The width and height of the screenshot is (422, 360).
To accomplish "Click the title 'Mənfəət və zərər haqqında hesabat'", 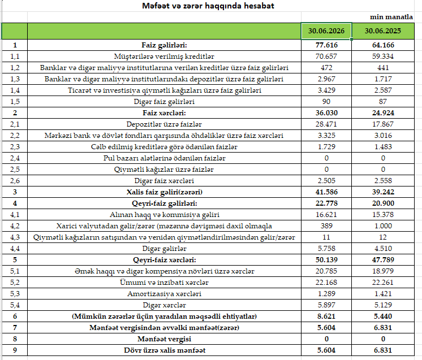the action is tap(208, 6).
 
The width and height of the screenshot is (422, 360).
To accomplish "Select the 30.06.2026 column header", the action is tap(326, 31).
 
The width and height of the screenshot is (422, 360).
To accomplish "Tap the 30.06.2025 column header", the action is tap(383, 31).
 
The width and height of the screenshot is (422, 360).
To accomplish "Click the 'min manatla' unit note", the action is tap(391, 17).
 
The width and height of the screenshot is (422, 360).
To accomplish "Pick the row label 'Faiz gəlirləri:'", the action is tap(164, 45).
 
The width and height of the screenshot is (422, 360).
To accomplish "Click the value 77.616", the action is tap(326, 45).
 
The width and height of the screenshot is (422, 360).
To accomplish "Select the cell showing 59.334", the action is tap(383, 56).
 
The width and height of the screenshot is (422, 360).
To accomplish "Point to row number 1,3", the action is tap(15, 79).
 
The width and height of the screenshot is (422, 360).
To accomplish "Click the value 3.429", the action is tap(326, 90).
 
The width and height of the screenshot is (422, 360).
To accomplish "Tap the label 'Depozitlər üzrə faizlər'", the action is tap(164, 124).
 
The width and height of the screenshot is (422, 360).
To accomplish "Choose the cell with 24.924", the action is tap(383, 112).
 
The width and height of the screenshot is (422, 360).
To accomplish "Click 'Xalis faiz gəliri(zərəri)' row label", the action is tap(165, 192).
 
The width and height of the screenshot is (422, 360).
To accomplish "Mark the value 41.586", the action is tap(326, 192).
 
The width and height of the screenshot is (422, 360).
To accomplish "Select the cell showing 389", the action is tap(326, 226).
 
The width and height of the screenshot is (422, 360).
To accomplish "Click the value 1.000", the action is tap(383, 226).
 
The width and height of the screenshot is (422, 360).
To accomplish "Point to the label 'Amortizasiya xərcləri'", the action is tap(164, 293).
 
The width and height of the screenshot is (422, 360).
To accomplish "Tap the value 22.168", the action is tap(326, 283).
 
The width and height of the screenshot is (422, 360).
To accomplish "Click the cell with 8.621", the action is tap(326, 316).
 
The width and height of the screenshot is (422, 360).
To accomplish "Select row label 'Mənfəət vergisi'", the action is tap(164, 339).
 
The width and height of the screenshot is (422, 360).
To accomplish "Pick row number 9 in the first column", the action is tap(15, 350).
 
